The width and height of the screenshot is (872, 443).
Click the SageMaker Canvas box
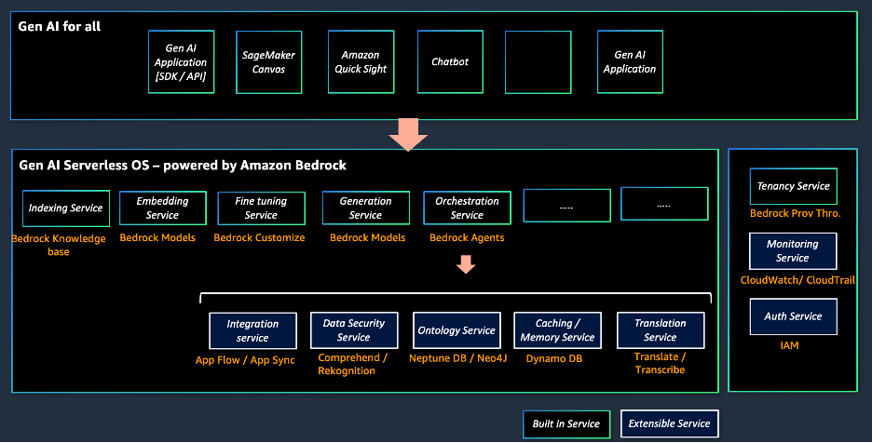pyautogui.click(x=269, y=62)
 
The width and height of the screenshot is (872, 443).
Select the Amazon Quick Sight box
pyautogui.click(x=361, y=62)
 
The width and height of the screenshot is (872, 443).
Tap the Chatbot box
pyautogui.click(x=450, y=62)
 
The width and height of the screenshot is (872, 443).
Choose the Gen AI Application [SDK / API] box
pyautogui.click(x=182, y=62)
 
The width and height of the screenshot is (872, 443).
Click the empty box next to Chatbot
pyautogui.click(x=539, y=62)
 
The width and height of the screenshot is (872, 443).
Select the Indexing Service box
pyautogui.click(x=66, y=208)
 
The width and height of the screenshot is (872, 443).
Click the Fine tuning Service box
pyautogui.click(x=261, y=208)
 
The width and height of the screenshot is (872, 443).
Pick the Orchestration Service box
pyautogui.click(x=467, y=208)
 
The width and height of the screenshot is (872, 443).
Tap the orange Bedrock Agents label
pyautogui.click(x=467, y=238)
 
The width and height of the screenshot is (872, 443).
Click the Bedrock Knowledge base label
pyautogui.click(x=58, y=245)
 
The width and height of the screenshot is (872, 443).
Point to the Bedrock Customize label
pyautogui.click(x=259, y=238)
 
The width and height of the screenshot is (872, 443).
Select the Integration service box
pyautogui.click(x=252, y=330)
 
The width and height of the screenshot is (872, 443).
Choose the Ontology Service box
pyautogui.click(x=456, y=330)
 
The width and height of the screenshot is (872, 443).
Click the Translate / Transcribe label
pyautogui.click(x=660, y=364)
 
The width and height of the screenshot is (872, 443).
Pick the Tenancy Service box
pyautogui.click(x=793, y=186)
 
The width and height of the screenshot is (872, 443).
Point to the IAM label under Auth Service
pyautogui.click(x=790, y=346)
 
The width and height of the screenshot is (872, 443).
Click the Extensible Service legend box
pyautogui.click(x=669, y=424)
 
